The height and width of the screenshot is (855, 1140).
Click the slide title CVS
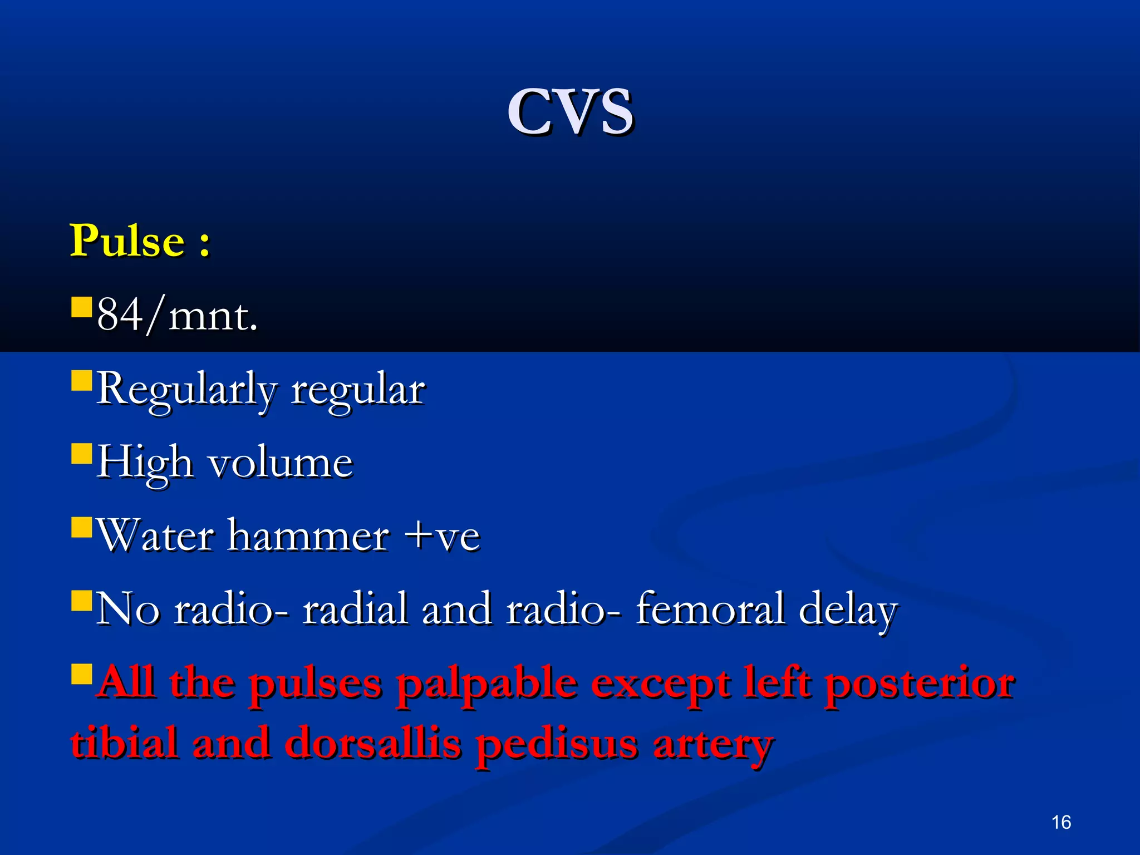pyautogui.click(x=570, y=112)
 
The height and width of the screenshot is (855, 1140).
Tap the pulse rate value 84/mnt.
pyautogui.click(x=177, y=316)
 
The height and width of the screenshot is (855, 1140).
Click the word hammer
pyautogui.click(x=308, y=536)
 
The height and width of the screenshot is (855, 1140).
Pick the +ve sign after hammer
pyautogui.click(x=442, y=536)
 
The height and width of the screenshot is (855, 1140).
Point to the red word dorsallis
pyautogui.click(x=373, y=744)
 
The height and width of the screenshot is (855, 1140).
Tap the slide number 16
pyautogui.click(x=1061, y=822)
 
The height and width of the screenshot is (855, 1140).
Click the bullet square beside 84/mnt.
pyautogui.click(x=81, y=307)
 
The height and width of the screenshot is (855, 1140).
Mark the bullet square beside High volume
pyautogui.click(x=81, y=454)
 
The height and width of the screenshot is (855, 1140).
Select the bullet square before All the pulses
pyautogui.click(x=81, y=674)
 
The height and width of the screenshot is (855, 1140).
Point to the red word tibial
pyautogui.click(x=125, y=744)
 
